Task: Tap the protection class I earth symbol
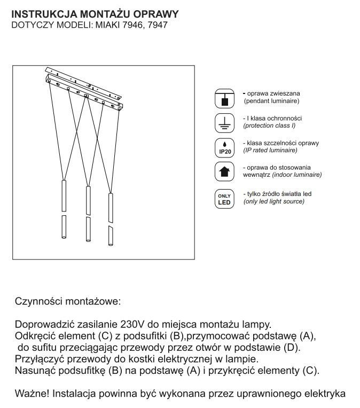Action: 225,122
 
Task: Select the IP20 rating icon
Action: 225,147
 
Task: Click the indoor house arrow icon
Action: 225,172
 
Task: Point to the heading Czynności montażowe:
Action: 68,301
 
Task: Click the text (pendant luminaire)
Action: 271,100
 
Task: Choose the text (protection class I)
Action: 269,125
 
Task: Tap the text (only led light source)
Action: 273,201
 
